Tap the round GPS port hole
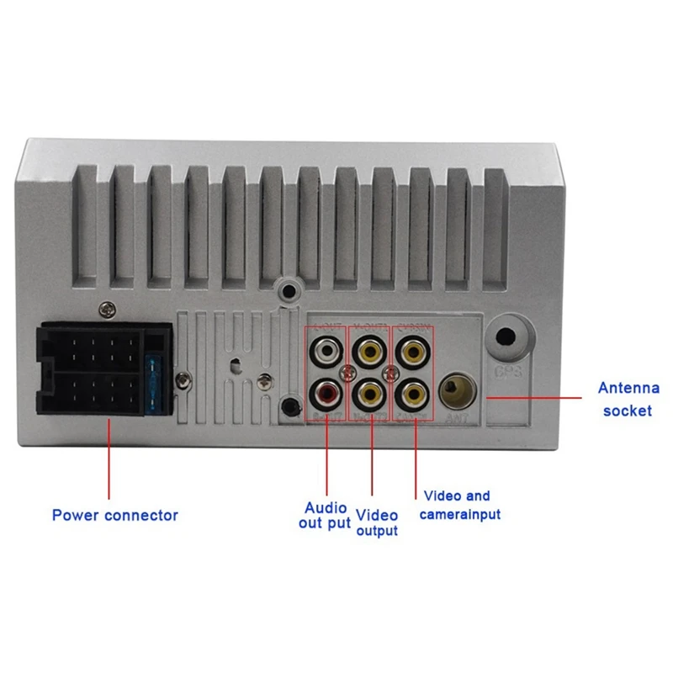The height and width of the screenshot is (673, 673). [507, 337]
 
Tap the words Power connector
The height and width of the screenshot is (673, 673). [115, 515]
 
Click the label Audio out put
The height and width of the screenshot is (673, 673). [324, 516]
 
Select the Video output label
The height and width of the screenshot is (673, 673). [376, 522]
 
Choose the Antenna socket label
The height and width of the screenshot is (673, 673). [624, 400]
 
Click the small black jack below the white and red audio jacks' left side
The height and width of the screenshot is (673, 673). [290, 405]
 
